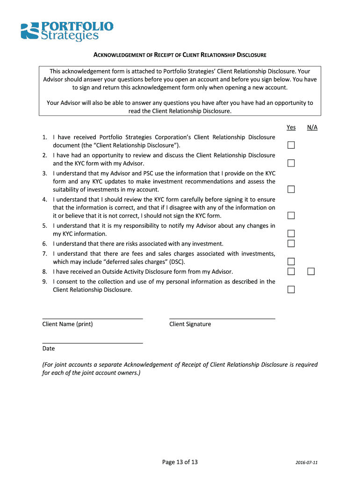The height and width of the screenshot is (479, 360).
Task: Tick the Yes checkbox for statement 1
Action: pos(291,145)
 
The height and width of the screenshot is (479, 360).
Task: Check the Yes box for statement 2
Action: pos(291,163)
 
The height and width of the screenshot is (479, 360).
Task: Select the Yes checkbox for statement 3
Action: pos(291,189)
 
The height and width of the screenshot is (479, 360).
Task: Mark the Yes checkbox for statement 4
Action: pos(291,216)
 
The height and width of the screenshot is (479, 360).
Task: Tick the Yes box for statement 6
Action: pos(291,243)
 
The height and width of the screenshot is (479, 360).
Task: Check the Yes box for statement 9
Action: pos(291,290)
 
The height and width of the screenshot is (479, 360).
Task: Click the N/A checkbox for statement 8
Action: pos(311,272)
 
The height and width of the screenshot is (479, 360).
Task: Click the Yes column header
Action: pos(291,127)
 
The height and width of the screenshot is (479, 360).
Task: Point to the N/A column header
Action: pos(312,127)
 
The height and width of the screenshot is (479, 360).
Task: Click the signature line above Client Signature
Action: pos(222,318)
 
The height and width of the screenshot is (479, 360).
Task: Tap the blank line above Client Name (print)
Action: pos(93,318)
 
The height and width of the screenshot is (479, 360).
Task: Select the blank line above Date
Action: pos(93,342)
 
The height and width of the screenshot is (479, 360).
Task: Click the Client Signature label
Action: pos(190,324)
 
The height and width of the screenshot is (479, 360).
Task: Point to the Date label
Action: pos(49,348)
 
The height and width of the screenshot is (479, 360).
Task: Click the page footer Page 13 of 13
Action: pos(180,462)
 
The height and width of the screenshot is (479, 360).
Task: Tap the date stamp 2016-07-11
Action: pos(307,463)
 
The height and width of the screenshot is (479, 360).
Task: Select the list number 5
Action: pos(44,225)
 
